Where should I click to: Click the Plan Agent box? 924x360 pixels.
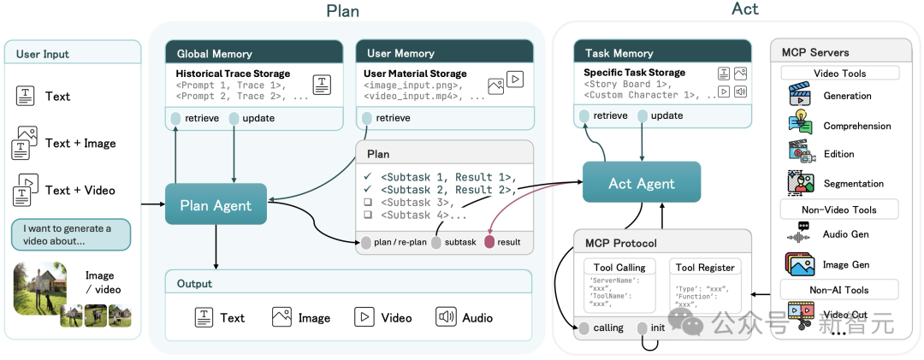[x=216, y=205]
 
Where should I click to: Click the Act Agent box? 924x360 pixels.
[x=642, y=183]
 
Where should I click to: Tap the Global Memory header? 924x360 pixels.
[x=253, y=53]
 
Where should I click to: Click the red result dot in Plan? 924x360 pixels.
[x=489, y=242]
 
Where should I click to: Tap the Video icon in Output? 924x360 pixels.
[x=364, y=317]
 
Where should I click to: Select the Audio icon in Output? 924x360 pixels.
[x=447, y=317]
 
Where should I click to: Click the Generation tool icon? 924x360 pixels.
[x=799, y=96]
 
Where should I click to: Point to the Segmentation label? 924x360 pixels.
[x=853, y=183]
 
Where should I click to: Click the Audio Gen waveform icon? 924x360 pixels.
[x=799, y=234]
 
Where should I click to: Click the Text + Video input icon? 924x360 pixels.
[x=25, y=189]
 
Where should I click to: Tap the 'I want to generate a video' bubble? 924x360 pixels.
[x=70, y=234]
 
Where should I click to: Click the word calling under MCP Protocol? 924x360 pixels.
[x=608, y=328]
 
